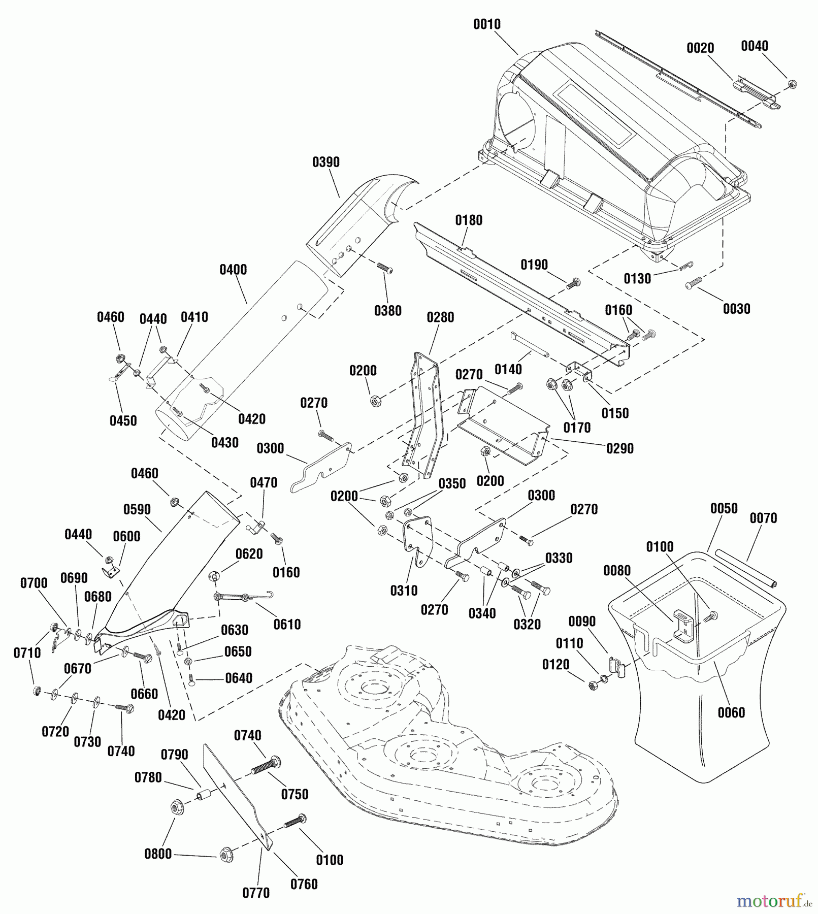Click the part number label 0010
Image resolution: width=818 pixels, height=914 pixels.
click(x=486, y=24)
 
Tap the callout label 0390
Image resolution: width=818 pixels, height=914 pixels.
click(x=326, y=162)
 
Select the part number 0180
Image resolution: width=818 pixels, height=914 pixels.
click(x=469, y=220)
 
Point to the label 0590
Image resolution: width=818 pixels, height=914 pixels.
click(x=137, y=509)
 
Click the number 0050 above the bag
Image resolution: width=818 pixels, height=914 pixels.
click(x=724, y=508)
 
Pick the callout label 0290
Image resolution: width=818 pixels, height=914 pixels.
click(x=620, y=448)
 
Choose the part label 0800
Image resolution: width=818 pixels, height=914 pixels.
click(x=158, y=854)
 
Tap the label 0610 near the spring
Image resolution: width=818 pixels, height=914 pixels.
click(x=287, y=624)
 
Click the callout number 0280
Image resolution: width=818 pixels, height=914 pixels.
click(x=440, y=317)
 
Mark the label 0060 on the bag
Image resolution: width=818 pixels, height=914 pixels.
click(x=731, y=712)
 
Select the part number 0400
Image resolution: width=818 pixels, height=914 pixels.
click(x=233, y=270)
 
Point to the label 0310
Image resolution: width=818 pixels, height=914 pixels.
click(x=404, y=591)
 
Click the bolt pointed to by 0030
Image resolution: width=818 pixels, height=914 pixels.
click(x=694, y=283)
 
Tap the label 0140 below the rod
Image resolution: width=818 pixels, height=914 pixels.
click(x=508, y=370)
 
